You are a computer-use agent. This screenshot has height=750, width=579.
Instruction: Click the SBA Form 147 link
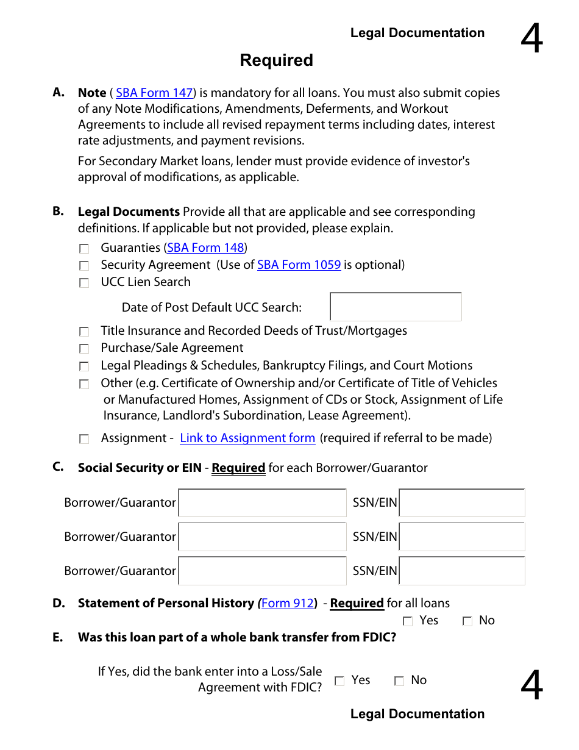[154, 93]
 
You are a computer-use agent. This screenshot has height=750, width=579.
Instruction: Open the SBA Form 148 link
[205, 248]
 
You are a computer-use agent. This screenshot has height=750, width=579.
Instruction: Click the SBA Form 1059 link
[299, 265]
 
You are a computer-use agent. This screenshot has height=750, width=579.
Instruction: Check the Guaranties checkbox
[84, 249]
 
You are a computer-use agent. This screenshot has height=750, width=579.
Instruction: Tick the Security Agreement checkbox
[84, 266]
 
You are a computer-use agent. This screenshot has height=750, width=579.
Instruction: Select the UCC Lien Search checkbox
[84, 283]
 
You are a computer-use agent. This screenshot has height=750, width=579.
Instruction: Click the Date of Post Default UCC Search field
[396, 307]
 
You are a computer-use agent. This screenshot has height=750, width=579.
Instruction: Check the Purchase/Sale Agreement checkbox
[84, 349]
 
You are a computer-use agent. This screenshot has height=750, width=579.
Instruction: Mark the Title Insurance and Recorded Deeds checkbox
[84, 332]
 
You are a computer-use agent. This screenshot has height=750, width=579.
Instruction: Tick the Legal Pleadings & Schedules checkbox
[84, 366]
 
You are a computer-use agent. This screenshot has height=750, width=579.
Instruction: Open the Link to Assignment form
[247, 438]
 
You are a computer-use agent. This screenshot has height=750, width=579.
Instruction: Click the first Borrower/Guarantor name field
[262, 503]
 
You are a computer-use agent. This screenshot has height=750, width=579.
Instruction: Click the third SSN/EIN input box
[461, 571]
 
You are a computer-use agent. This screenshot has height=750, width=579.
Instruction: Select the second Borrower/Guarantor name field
[262, 537]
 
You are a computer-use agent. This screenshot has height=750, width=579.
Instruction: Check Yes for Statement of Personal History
[408, 621]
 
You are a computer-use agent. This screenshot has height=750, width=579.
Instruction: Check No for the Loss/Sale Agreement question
[399, 681]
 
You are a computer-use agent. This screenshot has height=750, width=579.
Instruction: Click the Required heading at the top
[276, 60]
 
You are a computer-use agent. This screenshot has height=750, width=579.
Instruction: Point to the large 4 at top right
[531, 40]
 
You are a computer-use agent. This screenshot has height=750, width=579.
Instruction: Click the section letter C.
[58, 467]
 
